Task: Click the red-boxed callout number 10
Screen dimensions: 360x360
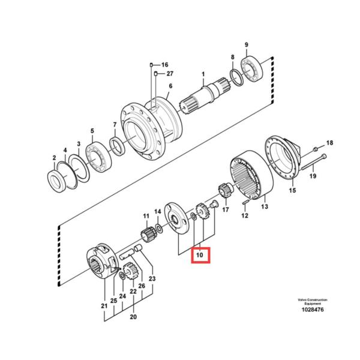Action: click(x=200, y=256)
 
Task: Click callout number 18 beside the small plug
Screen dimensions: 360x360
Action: click(x=329, y=142)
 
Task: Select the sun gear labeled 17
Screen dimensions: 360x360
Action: click(x=226, y=194)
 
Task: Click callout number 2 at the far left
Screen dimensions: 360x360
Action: click(x=53, y=158)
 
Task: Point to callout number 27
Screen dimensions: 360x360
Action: click(x=170, y=73)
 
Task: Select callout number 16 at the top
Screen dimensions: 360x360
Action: click(x=165, y=64)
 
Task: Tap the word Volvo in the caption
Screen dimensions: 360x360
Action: click(x=301, y=299)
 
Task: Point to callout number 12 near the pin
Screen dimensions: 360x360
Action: click(x=244, y=215)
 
